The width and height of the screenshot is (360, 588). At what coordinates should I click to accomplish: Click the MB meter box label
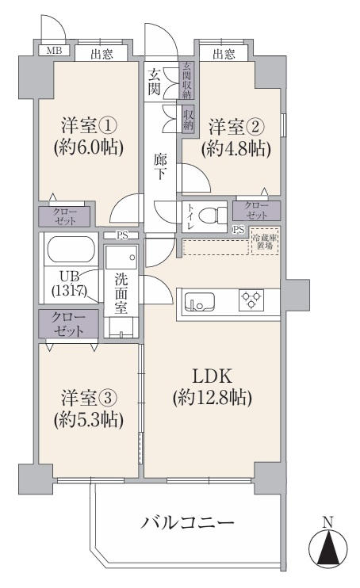coord(54,50)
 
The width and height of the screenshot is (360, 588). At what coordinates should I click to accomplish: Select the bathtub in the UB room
coord(70,250)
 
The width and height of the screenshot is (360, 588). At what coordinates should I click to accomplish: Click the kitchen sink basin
coord(199,302)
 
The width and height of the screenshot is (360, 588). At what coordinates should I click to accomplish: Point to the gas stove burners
coord(251,300)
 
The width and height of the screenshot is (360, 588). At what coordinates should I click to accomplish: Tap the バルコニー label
coord(187,522)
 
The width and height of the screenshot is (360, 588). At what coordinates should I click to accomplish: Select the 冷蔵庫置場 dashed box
coord(265,241)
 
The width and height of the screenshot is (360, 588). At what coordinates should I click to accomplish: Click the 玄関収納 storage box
coord(186,81)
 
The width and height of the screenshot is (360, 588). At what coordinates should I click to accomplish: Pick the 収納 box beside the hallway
coord(188,120)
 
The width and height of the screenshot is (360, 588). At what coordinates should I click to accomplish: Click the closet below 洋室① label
coord(64,216)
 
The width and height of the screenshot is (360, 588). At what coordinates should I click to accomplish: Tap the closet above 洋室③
coord(68,324)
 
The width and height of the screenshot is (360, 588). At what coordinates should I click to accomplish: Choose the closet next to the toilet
coord(256,210)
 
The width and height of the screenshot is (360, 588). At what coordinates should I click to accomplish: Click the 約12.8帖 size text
coord(212,397)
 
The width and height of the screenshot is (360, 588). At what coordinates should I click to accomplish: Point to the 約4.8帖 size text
coord(236,149)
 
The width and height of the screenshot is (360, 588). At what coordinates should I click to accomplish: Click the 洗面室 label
coord(121,293)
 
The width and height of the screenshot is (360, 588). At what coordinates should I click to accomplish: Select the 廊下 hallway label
coord(160,167)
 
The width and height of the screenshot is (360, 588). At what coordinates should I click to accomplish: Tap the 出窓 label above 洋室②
coord(224,55)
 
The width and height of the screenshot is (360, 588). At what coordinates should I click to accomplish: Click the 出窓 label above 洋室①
coord(101,55)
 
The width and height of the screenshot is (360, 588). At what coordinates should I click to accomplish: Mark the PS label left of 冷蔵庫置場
coord(239,230)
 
